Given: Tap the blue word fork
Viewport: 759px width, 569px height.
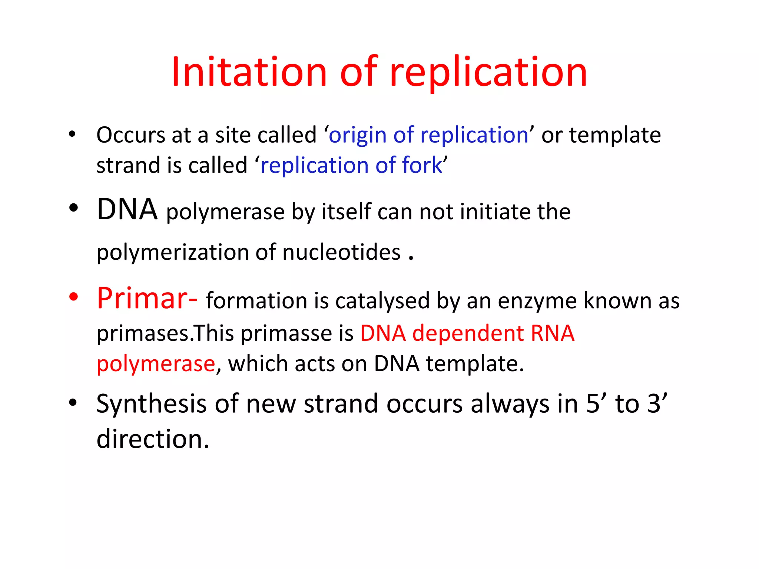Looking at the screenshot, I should click(x=422, y=165).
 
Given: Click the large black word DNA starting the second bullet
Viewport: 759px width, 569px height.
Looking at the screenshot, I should click(x=127, y=210).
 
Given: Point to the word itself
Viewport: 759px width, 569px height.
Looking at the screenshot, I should click(x=346, y=212).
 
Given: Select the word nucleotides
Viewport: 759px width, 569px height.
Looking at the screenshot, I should click(x=341, y=252).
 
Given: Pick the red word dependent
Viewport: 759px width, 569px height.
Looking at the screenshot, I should click(x=468, y=333).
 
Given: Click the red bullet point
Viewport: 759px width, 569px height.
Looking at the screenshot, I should click(x=74, y=297).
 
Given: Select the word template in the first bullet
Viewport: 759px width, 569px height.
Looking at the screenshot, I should click(x=615, y=135).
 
